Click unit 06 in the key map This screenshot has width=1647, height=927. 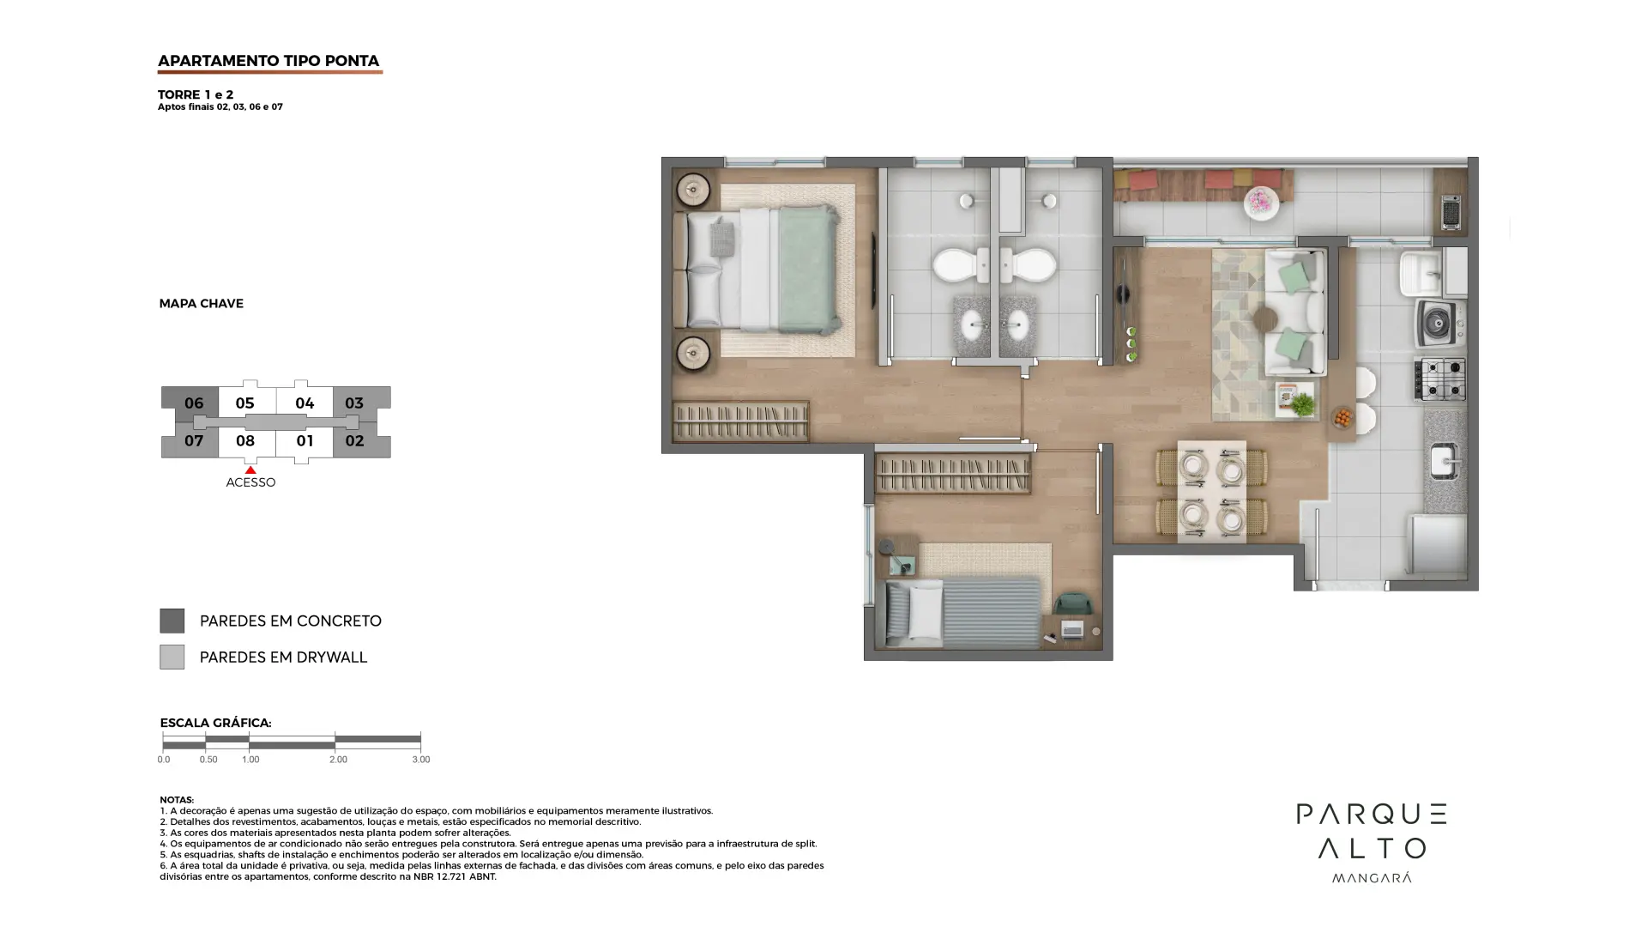[x=194, y=403]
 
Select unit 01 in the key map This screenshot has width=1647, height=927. [x=305, y=440]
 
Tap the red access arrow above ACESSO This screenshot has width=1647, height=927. [x=250, y=470]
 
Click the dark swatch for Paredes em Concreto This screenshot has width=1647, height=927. [x=172, y=621]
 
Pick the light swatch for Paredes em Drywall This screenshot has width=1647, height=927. [x=172, y=657]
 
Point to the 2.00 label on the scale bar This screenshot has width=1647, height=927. [x=338, y=760]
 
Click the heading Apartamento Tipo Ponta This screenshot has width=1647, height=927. [x=268, y=61]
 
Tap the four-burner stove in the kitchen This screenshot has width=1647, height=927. [x=1440, y=379]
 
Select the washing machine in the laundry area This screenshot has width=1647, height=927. [x=1439, y=323]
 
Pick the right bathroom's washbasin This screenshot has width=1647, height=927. [x=1018, y=325]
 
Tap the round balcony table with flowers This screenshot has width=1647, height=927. [x=1261, y=203]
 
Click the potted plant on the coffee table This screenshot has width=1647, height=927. [x=1302, y=403]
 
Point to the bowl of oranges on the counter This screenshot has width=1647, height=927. [x=1342, y=418]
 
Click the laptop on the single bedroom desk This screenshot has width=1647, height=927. [x=1072, y=630]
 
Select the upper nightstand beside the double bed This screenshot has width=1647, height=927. [x=692, y=191]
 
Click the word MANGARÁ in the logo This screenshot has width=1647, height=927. [x=1371, y=877]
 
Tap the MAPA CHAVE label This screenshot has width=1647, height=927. [x=201, y=304]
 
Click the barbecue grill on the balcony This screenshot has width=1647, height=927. [x=1451, y=213]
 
